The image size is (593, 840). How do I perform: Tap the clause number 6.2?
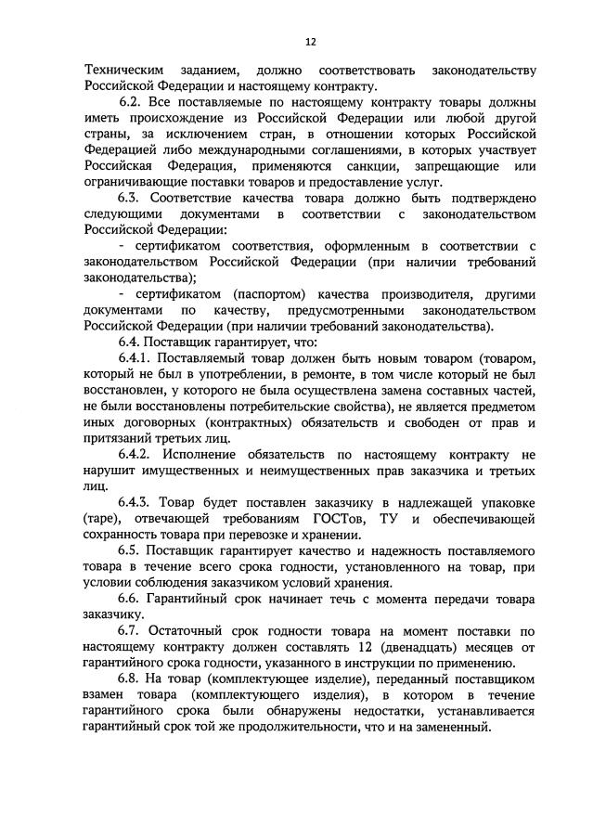tap(132, 97)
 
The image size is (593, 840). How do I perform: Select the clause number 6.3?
tap(132, 198)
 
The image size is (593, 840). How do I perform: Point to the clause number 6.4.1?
tap(137, 357)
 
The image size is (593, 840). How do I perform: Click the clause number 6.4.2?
tap(137, 454)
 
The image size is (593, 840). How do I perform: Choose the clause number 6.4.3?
tap(137, 502)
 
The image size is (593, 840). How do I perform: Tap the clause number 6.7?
tap(132, 630)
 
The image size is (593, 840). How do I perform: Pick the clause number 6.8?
tap(132, 678)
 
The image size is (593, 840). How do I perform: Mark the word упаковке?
tap(506, 502)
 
